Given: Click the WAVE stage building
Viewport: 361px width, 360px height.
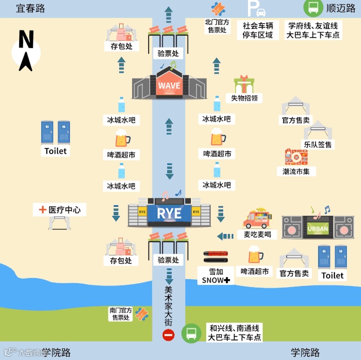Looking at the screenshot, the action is pos(169,86).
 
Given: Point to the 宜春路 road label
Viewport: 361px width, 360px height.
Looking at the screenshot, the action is pos(31,8).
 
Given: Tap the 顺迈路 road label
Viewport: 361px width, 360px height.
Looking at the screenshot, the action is pos(341,8).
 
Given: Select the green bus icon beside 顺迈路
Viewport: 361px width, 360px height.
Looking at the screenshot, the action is pos(312,8).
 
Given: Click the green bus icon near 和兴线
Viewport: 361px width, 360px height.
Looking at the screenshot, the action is pos(191,333).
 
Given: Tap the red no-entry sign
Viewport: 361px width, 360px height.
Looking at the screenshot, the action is pos(168,335).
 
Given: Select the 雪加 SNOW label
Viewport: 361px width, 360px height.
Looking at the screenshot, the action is pos(216,276).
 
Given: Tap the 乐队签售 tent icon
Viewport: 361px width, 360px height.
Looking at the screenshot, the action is pos(317,131).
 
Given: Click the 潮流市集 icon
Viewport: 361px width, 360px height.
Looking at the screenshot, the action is pos(296,157).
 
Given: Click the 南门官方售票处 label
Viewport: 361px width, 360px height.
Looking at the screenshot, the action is pos(121,314).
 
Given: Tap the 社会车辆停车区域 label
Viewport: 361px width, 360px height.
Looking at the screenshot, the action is pos(258,30).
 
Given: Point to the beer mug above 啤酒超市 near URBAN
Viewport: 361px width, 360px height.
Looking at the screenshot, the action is pos(255,255).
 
